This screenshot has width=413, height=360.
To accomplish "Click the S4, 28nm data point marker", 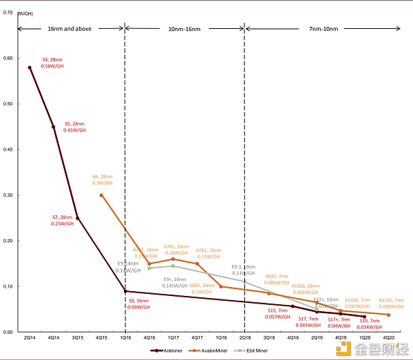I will point(30,67).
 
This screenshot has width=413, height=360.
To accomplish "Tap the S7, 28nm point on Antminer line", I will point(77,218).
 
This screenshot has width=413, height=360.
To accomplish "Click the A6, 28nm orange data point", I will point(101,195).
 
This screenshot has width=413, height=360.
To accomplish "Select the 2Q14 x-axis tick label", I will point(30,338).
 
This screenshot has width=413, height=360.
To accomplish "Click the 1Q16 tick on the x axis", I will point(125,338).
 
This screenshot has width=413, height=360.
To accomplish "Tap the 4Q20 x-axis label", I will point(388,338).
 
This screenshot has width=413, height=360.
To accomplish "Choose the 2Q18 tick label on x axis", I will point(245,338).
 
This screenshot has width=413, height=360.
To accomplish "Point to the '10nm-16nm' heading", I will point(185,29).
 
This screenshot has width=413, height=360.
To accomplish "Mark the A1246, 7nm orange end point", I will point(388,315).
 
